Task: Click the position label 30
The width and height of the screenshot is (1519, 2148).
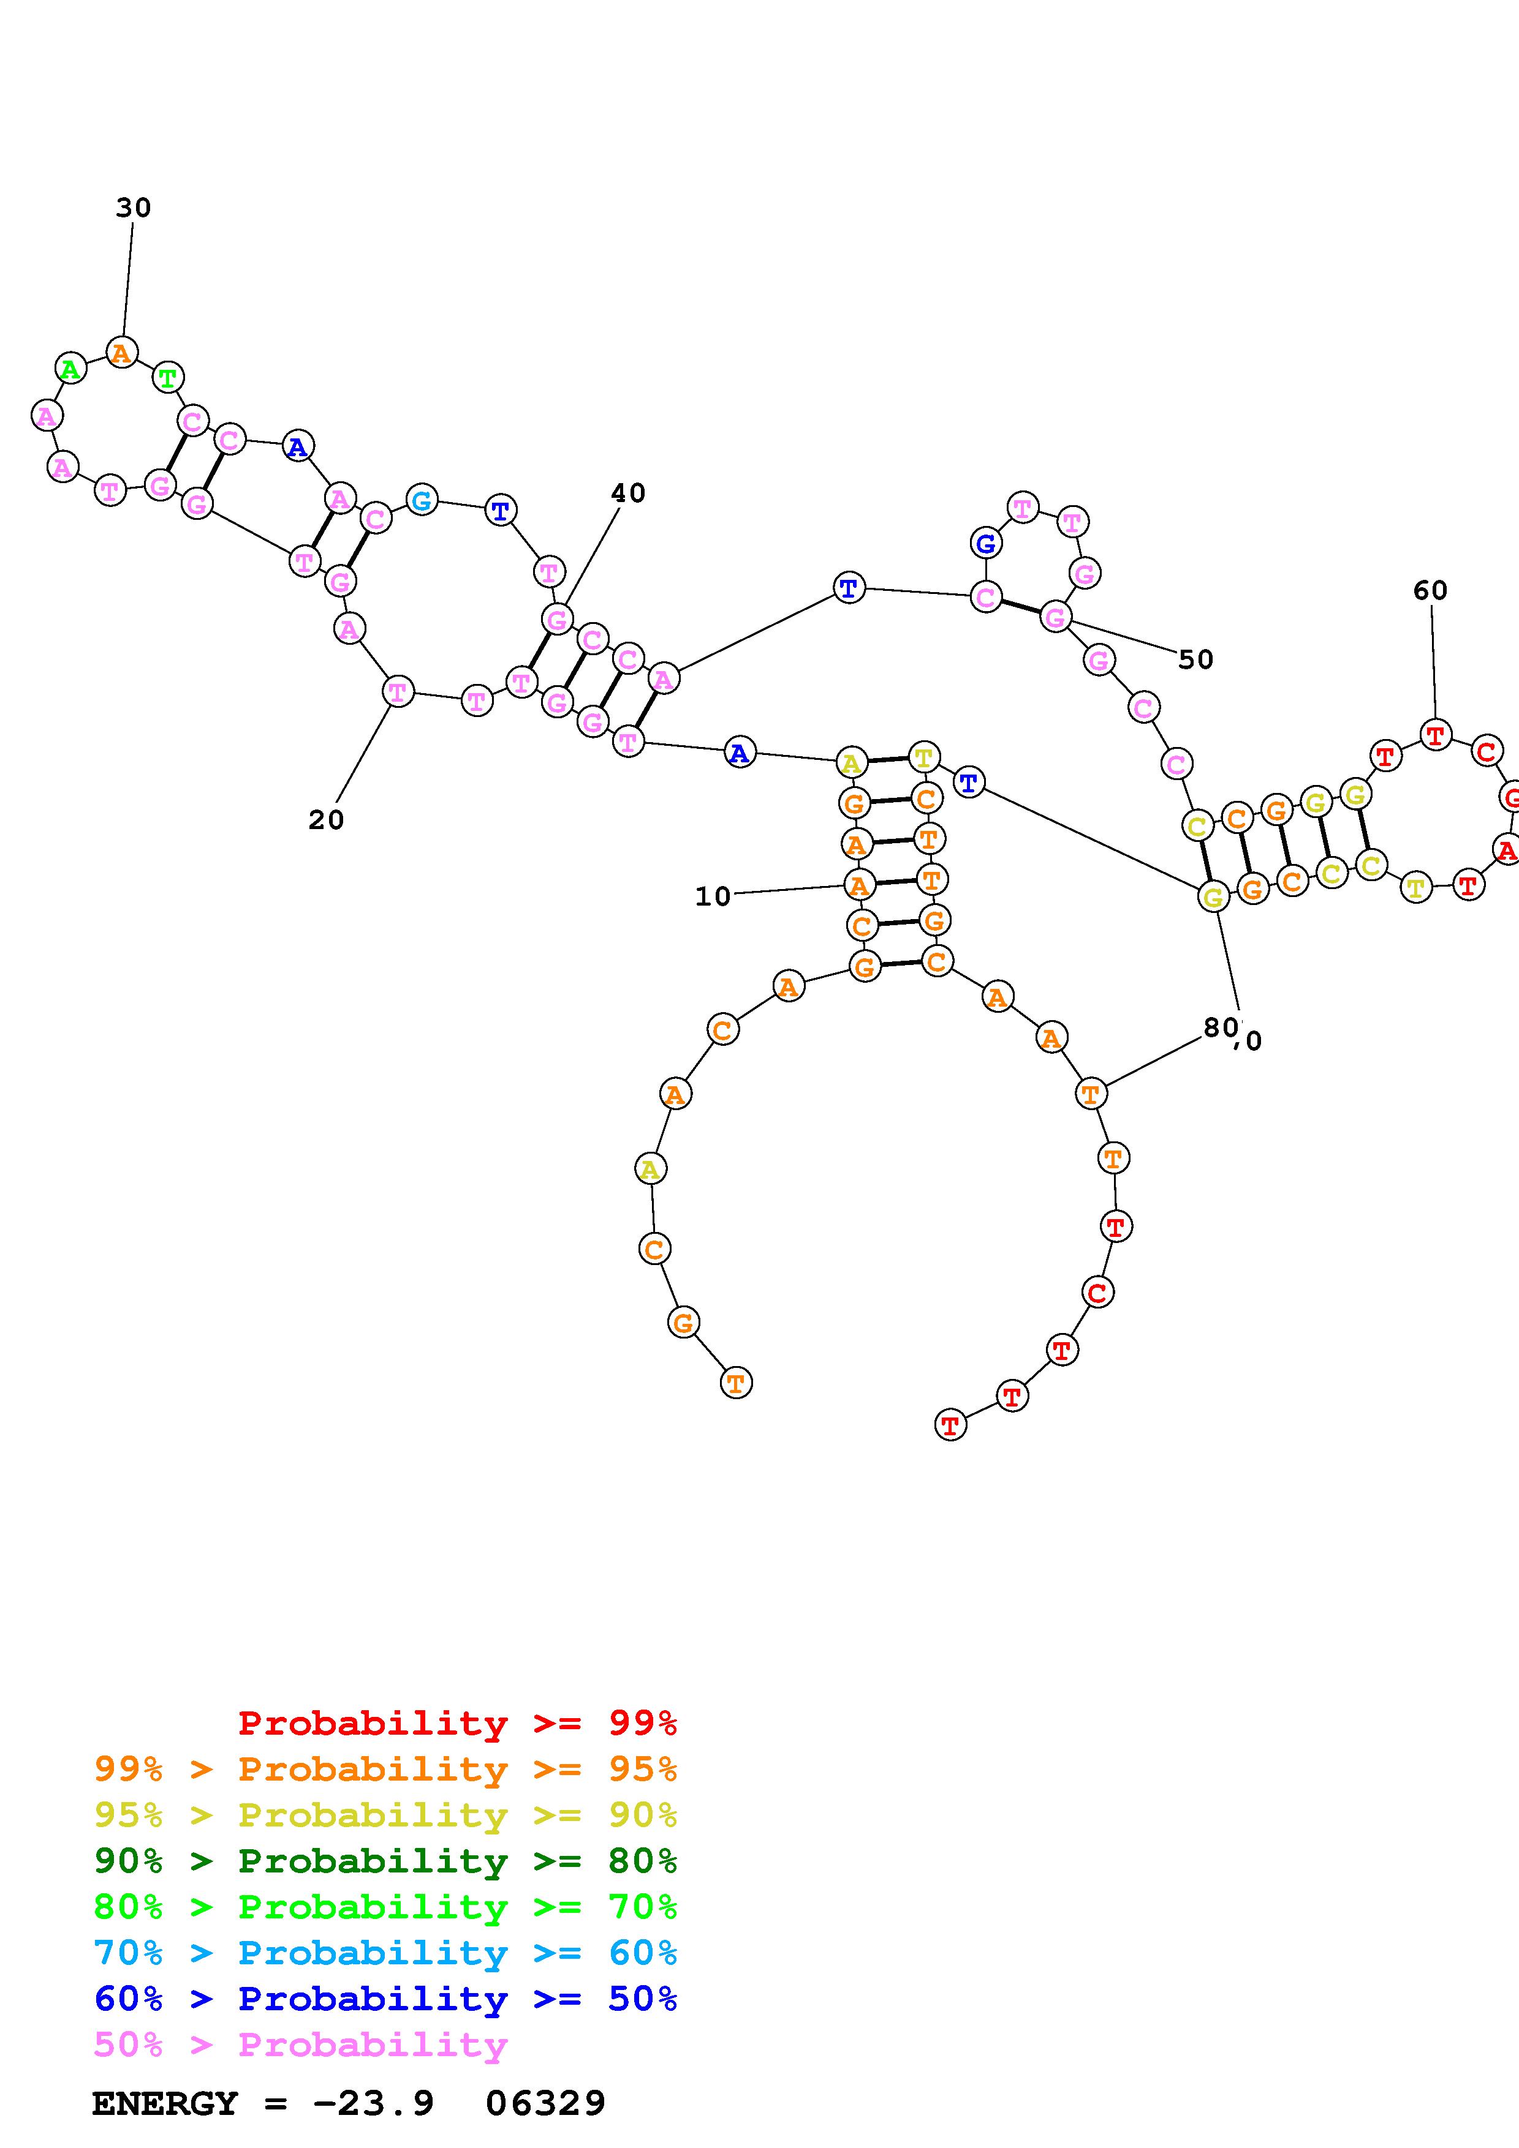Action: (x=133, y=208)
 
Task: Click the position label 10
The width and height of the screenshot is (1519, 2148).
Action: (x=712, y=896)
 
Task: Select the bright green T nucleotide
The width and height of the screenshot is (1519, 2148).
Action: (x=167, y=378)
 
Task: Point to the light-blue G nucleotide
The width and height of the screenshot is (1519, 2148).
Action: (x=422, y=500)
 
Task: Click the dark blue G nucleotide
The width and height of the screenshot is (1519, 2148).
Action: (x=985, y=543)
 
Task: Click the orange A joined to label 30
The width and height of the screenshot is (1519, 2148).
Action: (x=121, y=353)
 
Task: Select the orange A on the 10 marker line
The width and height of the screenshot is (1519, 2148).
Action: (x=859, y=884)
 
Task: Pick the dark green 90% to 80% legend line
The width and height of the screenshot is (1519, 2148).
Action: (x=385, y=1861)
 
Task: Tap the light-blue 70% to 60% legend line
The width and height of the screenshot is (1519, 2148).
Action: (x=385, y=1953)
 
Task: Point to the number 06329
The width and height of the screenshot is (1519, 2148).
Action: (x=545, y=2104)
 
